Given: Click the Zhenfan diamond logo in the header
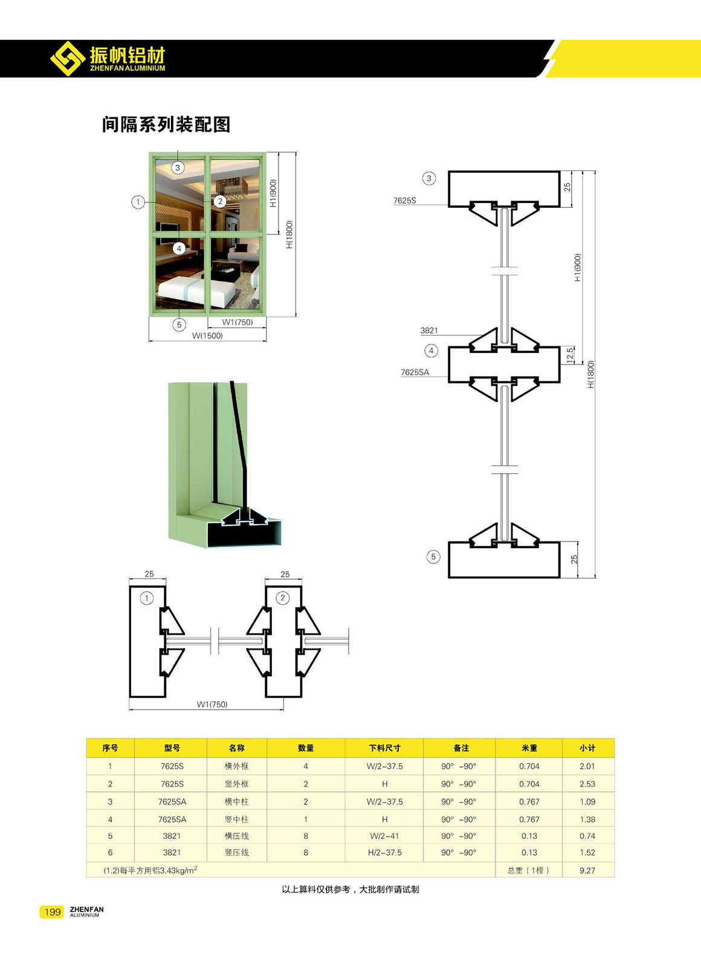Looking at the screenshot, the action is tap(68, 59).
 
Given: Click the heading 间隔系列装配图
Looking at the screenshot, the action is tap(166, 125).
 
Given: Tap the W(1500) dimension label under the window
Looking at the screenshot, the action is tap(207, 335).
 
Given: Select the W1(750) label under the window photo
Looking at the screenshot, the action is tap(237, 322).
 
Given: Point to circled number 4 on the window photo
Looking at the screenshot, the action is tap(179, 248).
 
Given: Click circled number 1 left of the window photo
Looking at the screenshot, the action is tap(138, 202).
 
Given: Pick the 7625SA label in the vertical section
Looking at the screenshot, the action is tap(415, 372).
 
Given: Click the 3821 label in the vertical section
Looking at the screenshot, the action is tap(429, 331).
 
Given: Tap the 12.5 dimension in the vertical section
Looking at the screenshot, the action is tap(570, 355).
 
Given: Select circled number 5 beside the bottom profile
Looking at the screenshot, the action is tap(433, 557).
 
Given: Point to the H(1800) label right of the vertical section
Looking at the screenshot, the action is tap(590, 375).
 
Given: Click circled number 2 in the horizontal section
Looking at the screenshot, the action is tap(283, 598).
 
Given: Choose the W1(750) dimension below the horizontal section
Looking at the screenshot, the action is tap(212, 704).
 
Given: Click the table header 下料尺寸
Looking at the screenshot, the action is tap(384, 748).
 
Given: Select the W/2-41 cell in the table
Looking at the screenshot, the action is tap(384, 836).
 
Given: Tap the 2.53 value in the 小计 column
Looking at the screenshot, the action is tap(587, 784).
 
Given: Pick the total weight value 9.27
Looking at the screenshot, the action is tap(587, 870).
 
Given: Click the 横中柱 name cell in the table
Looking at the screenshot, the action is tap(236, 801).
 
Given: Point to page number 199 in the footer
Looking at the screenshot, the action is tap(53, 911).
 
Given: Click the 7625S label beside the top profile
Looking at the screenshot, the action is tap(405, 201).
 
